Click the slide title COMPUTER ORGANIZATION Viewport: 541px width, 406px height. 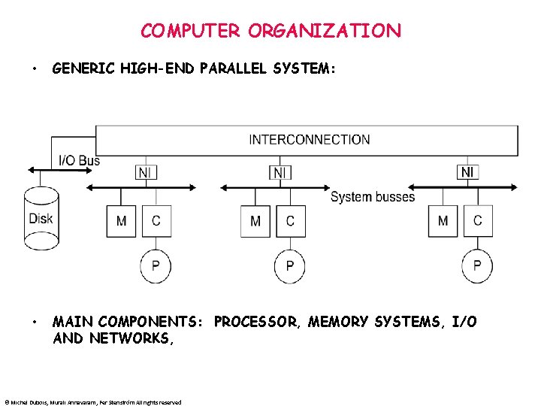[x=270, y=31]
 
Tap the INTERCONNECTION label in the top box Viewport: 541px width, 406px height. [x=309, y=139]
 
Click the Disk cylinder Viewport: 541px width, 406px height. [x=41, y=218]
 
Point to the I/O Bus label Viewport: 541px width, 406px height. [x=79, y=160]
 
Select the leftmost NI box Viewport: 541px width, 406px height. [x=147, y=173]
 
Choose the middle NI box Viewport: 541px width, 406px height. [x=280, y=173]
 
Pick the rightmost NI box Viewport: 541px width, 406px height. [x=467, y=172]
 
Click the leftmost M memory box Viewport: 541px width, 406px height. [x=121, y=221]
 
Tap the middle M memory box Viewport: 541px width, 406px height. [x=255, y=221]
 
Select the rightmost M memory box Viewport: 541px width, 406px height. [x=443, y=221]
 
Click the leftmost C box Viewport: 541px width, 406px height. [x=156, y=221]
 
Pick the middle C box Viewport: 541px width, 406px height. [x=290, y=221]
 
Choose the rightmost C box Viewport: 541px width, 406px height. [x=477, y=221]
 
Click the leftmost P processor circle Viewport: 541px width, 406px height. [x=156, y=266]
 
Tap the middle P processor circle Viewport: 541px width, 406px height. [x=290, y=266]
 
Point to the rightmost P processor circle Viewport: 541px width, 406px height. [x=477, y=266]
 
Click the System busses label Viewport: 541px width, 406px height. [x=373, y=197]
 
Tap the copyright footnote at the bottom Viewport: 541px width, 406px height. [x=92, y=401]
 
